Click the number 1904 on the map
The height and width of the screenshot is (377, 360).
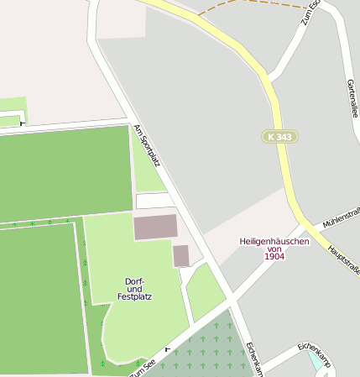point(274,256)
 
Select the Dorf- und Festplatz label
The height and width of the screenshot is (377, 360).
point(134,288)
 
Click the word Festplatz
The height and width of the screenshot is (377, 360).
point(134,296)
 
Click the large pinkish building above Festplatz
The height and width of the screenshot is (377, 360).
point(155,227)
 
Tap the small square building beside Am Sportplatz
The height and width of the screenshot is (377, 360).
point(181,255)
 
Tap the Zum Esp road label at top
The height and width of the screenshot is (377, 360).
point(310,12)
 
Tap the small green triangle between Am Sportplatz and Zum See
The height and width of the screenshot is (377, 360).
point(204,290)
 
